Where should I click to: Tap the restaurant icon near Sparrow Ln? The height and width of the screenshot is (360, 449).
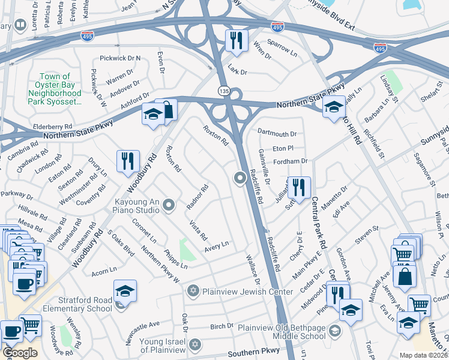click(x=236, y=40)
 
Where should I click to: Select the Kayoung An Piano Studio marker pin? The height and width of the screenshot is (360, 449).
click(x=169, y=206)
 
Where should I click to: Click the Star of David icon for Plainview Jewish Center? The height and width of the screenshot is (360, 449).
click(x=193, y=292)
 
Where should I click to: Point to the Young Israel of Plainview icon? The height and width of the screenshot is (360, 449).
click(x=193, y=345)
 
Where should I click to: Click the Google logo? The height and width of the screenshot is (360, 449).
click(x=20, y=353)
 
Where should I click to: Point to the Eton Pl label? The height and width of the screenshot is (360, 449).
click(x=282, y=148)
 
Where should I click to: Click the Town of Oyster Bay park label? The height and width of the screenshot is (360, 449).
click(x=55, y=89)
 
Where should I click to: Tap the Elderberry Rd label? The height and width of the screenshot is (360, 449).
click(x=53, y=127)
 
